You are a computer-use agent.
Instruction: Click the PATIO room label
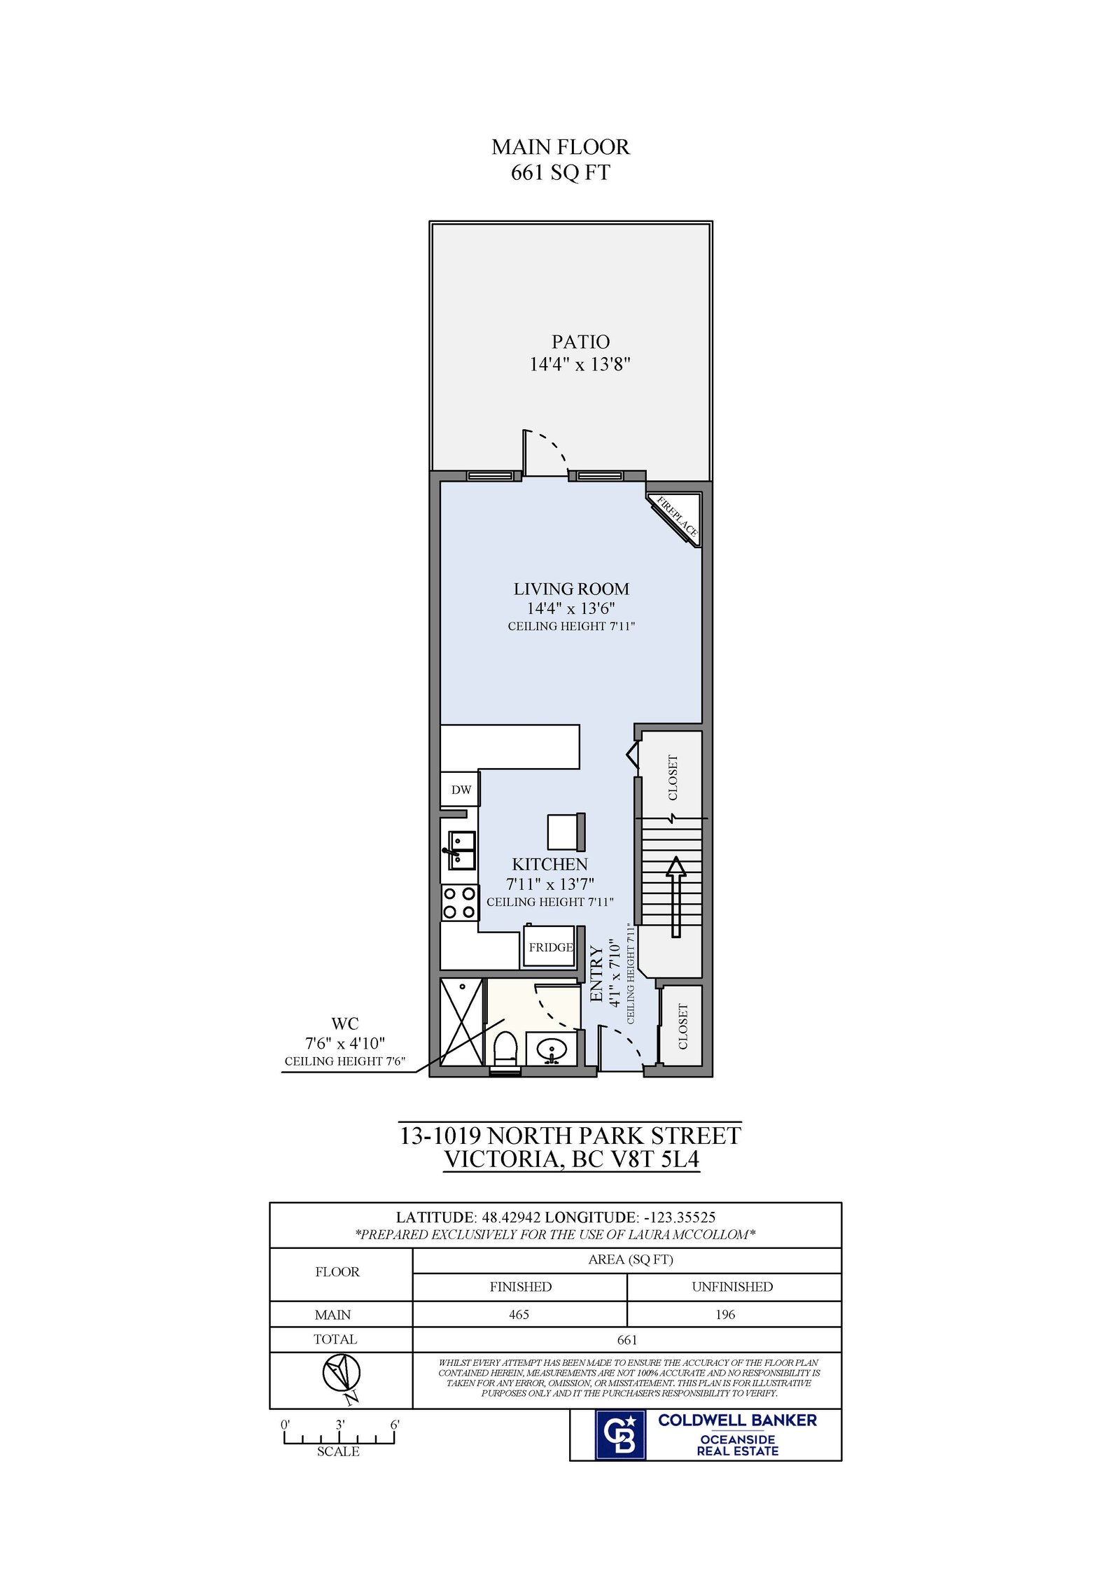tap(580, 342)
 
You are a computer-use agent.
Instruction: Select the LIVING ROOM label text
tap(571, 589)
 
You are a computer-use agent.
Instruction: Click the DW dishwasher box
tap(460, 789)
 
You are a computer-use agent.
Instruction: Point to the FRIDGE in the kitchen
tap(550, 947)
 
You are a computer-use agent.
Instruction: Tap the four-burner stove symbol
tap(460, 902)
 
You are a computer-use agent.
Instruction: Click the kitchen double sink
tap(461, 850)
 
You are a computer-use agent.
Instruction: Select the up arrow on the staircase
tap(675, 896)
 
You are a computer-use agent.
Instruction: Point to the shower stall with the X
tap(462, 1021)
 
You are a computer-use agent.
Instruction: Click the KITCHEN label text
tap(549, 864)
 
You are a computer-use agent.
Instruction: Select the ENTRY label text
tap(596, 973)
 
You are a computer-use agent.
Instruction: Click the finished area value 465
tap(519, 1314)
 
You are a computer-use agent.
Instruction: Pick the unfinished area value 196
tap(725, 1314)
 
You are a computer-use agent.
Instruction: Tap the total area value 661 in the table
tap(627, 1339)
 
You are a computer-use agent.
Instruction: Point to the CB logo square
tap(619, 1434)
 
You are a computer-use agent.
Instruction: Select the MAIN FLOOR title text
tap(561, 147)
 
